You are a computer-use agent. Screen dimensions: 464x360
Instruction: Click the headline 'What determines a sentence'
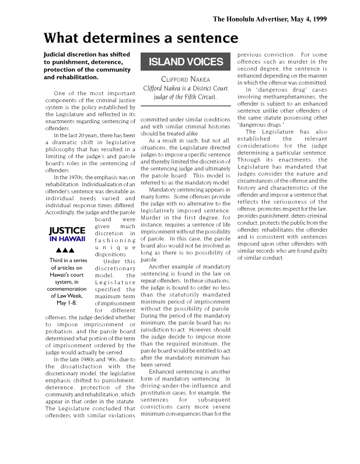pyautogui.click(x=141, y=39)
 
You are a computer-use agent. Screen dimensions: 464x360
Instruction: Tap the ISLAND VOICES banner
pyautogui.click(x=186, y=61)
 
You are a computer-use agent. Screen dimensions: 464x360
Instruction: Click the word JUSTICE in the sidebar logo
pyautogui.click(x=68, y=231)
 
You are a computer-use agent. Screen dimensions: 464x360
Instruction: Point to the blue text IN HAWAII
pyautogui.click(x=68, y=239)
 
